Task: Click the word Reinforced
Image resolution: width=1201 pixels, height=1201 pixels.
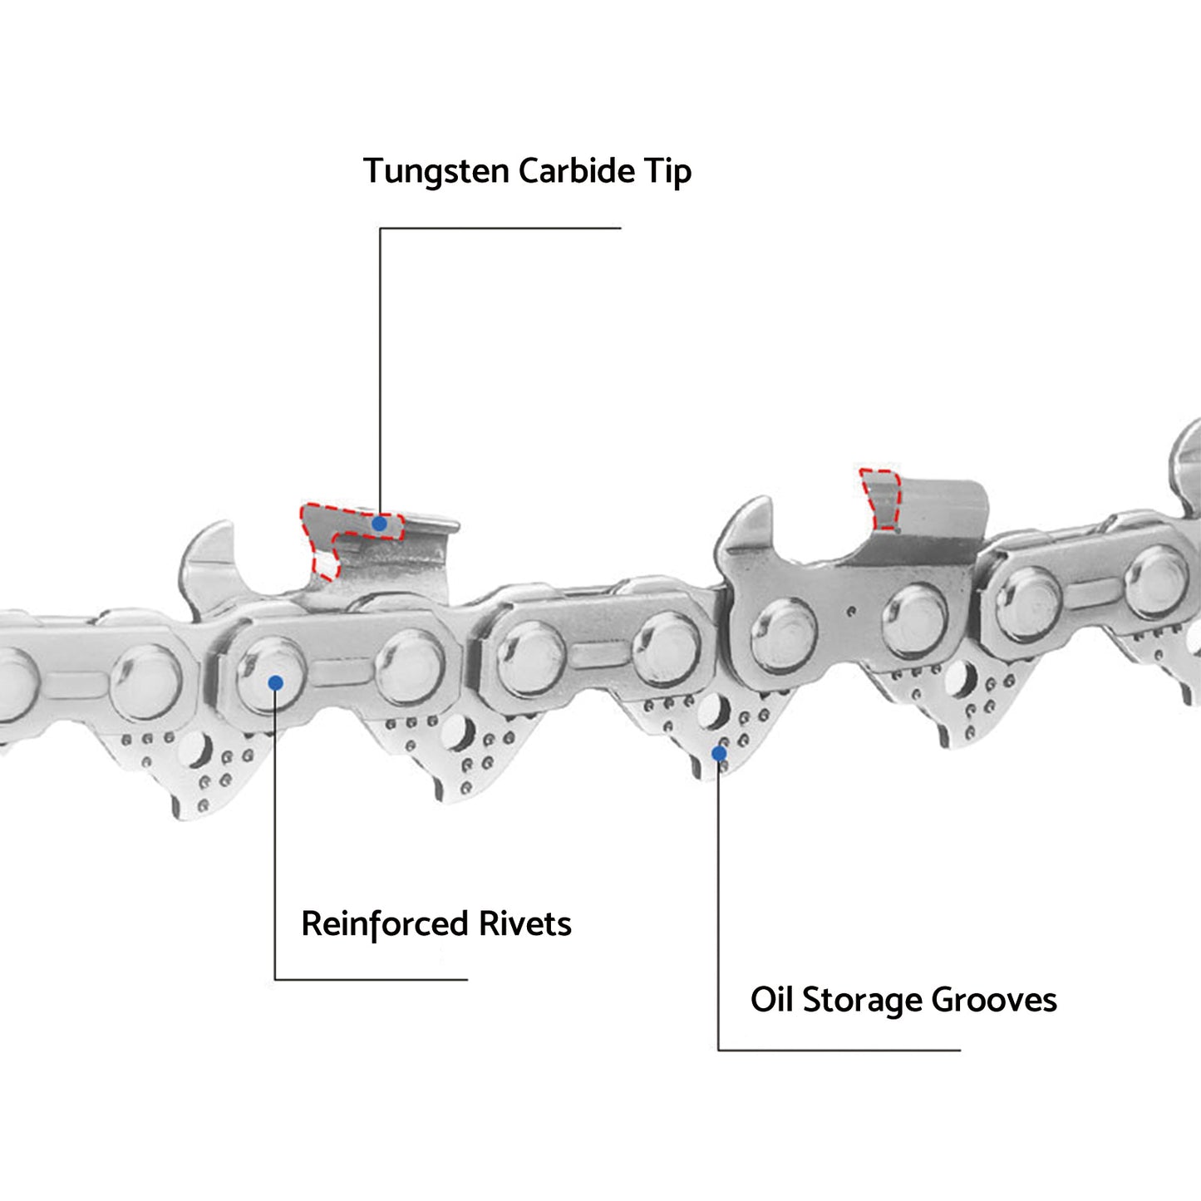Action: pyautogui.click(x=385, y=924)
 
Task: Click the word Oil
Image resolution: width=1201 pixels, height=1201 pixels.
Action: pyautogui.click(x=771, y=1000)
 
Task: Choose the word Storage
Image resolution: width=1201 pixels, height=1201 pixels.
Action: pyautogui.click(x=862, y=1001)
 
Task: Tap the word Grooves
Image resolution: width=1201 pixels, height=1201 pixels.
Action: pyautogui.click(x=994, y=1000)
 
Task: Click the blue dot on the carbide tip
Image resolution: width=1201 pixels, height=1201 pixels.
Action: pyautogui.click(x=379, y=524)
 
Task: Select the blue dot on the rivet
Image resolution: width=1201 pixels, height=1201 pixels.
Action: pyautogui.click(x=276, y=683)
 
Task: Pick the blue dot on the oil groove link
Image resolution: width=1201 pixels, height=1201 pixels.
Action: pyautogui.click(x=719, y=753)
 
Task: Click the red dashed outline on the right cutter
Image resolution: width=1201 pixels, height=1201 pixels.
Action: pyautogui.click(x=880, y=498)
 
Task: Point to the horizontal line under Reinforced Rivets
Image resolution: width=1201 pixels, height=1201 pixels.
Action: pyautogui.click(x=371, y=979)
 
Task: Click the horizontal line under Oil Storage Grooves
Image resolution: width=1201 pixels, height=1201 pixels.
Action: pyautogui.click(x=839, y=1050)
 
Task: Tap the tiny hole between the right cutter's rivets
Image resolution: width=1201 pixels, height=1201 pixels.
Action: pyautogui.click(x=850, y=612)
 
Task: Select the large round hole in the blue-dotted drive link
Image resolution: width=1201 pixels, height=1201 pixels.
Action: pyautogui.click(x=711, y=711)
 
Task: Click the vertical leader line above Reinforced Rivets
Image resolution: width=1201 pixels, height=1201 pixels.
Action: pyautogui.click(x=275, y=831)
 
